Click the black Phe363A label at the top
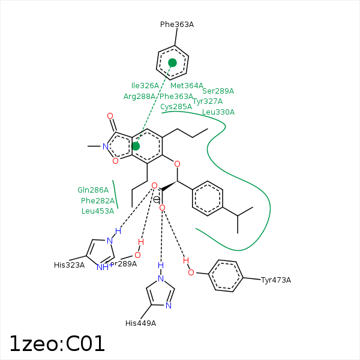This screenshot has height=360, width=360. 176,25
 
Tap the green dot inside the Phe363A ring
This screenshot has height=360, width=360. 172,62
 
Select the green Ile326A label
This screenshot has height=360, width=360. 145,86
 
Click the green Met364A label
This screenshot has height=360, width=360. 187,86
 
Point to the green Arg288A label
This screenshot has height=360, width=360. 139,96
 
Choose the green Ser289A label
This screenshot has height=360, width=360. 218,91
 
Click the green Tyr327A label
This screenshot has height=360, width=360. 208,101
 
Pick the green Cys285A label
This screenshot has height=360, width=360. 176,107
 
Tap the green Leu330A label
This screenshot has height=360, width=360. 218,112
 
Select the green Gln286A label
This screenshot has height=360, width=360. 93,190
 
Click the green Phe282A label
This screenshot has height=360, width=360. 97,200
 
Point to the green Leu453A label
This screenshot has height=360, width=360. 97,211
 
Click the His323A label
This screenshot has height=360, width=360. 69,265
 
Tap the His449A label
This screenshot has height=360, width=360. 140,323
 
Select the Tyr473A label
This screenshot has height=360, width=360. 276,280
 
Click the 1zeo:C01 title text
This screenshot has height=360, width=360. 57,343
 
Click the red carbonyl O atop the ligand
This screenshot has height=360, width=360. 110,116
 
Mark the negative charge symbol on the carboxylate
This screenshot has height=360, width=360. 157,199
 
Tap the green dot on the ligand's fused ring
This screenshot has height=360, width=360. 136,146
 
